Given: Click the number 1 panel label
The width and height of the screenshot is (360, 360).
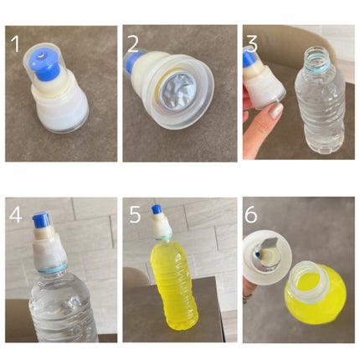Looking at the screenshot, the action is (15, 44).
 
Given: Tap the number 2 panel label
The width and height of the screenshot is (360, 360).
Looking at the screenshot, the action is (133, 44).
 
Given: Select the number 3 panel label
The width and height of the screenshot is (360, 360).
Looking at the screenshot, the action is (252, 44).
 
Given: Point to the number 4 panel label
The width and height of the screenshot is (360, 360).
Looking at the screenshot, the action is (16, 214).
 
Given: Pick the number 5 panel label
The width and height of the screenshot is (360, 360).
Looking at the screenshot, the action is (135, 214).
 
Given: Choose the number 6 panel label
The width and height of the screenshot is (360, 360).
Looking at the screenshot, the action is (251, 214).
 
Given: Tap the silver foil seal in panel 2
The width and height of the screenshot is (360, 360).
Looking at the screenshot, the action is (177, 90).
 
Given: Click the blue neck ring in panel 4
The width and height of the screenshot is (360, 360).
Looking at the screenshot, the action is (52, 269).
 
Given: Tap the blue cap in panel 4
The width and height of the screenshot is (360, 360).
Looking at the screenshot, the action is (41, 221).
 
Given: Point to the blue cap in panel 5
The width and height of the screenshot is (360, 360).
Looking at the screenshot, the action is (157, 210).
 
